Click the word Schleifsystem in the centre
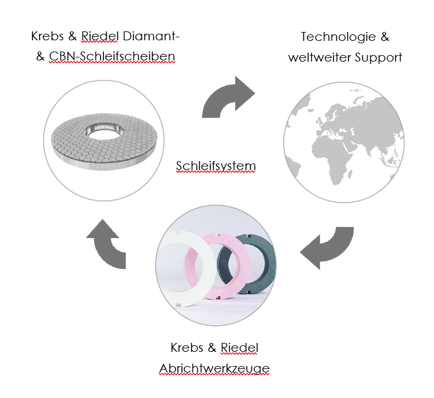point(216,166)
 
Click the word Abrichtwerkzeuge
point(214,368)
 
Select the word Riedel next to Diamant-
point(105,36)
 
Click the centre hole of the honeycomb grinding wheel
point(106,131)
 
